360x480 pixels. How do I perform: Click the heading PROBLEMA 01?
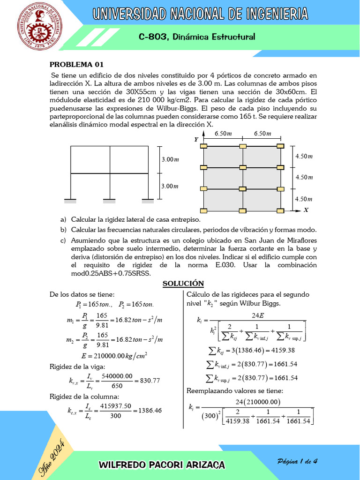point(76,65)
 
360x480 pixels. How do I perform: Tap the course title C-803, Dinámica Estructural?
point(197,37)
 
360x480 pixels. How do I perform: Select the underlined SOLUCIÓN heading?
point(183,283)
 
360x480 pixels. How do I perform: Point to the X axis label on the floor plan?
point(306,210)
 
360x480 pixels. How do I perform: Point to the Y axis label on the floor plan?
point(196,140)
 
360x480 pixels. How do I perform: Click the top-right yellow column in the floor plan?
point(280,146)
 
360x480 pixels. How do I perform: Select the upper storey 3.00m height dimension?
point(170,160)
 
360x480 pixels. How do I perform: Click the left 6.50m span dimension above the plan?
point(223,134)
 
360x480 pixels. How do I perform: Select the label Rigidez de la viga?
point(77,367)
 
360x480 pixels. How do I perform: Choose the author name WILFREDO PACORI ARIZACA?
point(162,465)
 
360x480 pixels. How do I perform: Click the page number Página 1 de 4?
point(298,461)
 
